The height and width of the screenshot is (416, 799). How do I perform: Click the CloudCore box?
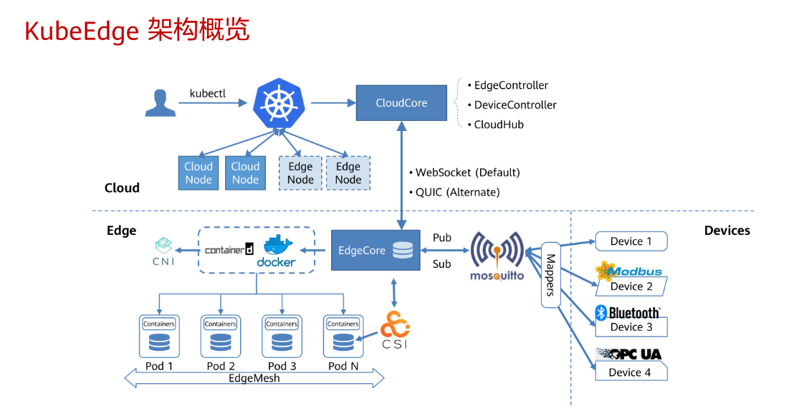coord(401,103)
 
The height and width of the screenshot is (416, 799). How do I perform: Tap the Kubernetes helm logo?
coord(279,103)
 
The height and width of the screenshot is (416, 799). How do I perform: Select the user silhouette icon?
coord(161,103)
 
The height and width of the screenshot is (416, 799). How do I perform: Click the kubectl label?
coord(207,94)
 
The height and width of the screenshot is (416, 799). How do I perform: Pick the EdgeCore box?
coord(375,250)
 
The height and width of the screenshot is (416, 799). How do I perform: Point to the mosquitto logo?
coord(497,256)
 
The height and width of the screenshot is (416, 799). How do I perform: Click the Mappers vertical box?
coord(550,275)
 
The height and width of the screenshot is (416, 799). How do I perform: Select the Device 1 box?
coord(631,241)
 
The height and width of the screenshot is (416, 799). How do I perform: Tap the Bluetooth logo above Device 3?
coord(628,313)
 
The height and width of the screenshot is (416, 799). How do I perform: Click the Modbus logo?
coord(629,271)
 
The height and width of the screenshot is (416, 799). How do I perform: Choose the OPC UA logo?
coord(628,354)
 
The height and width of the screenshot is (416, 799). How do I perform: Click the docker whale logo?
coord(277,251)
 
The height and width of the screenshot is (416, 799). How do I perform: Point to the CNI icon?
coord(163,251)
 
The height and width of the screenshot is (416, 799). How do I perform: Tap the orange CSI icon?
coord(395,329)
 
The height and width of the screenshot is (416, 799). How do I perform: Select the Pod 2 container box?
coord(221,336)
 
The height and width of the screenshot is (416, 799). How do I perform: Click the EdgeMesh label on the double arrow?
coord(254,378)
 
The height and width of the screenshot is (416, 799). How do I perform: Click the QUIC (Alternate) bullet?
coord(454,193)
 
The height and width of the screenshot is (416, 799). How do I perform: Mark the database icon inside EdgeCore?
coord(403,250)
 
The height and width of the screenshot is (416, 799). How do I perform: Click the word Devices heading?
coord(727,231)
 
